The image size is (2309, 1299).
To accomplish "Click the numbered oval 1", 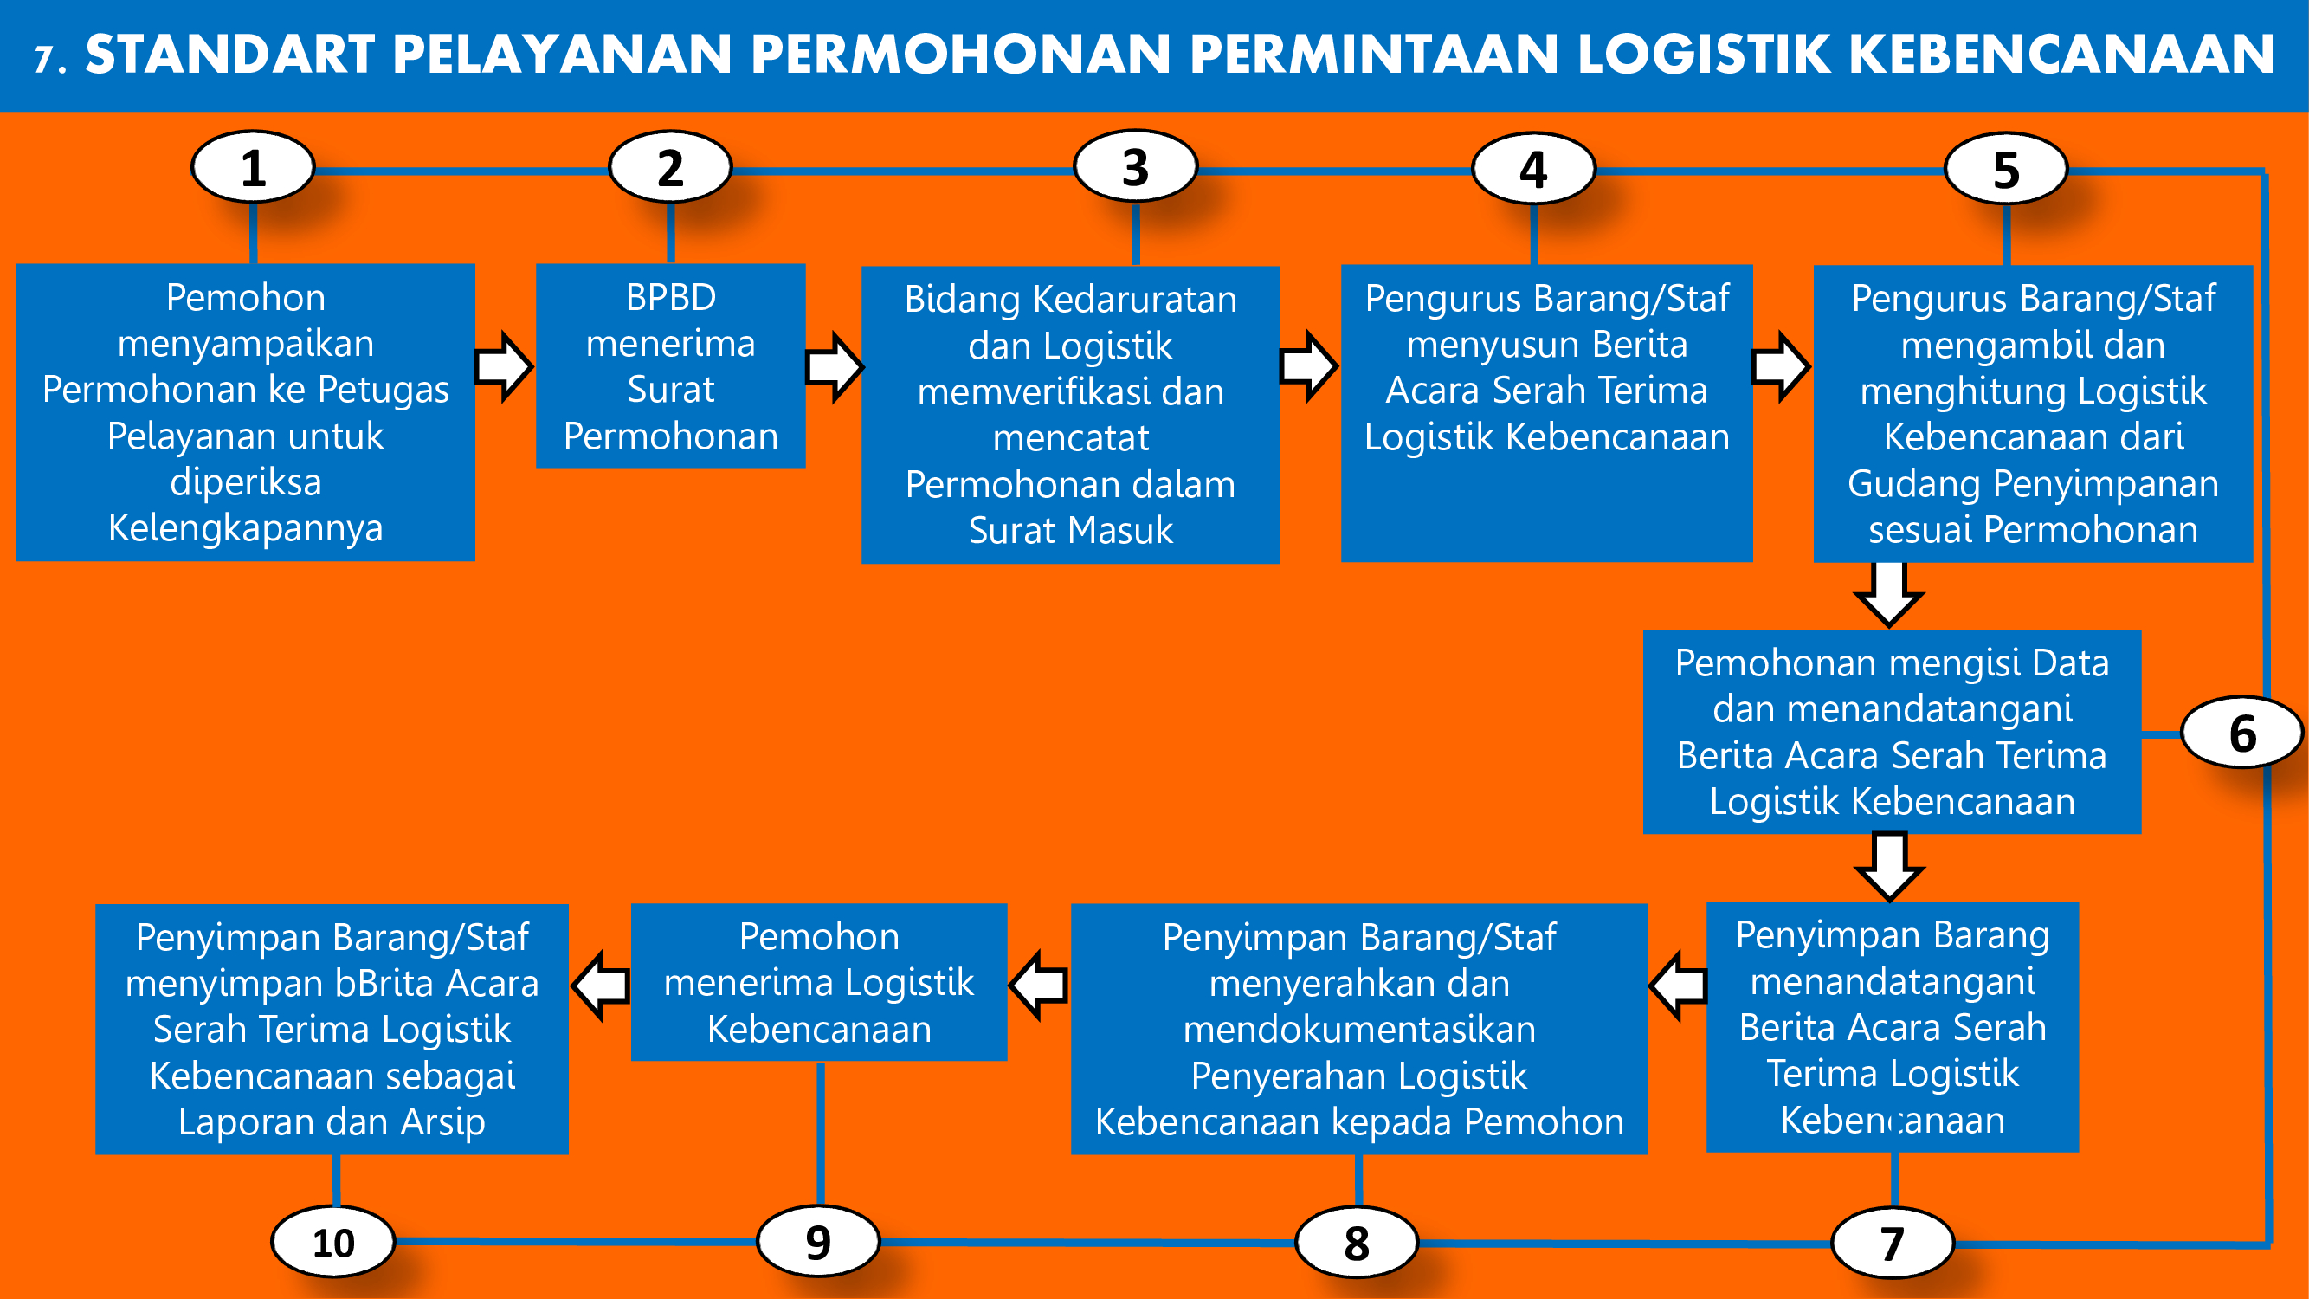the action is tap(254, 168).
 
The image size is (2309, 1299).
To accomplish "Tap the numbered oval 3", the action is tap(1136, 168).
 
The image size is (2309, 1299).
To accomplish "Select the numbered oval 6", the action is tap(2242, 733).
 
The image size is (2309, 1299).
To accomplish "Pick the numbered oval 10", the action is tap(333, 1243).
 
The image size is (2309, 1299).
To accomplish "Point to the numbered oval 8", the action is tap(1357, 1243).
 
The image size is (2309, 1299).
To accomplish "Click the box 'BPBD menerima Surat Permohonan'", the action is tap(670, 365).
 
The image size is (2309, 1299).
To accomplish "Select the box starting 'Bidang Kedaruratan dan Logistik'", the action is tap(1070, 414).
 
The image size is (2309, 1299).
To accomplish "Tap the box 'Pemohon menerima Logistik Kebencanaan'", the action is tap(819, 983).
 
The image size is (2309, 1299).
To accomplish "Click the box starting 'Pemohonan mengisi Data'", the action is tap(1893, 732).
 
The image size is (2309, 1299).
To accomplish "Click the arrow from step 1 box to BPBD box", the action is tap(505, 365).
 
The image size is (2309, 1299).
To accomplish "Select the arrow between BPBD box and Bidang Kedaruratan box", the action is tap(835, 365).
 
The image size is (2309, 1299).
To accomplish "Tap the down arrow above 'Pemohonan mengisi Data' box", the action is tap(1889, 594).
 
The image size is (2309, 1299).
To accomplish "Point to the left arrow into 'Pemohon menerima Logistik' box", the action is tap(1039, 985).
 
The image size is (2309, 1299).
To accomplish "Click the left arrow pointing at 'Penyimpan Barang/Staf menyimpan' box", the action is tap(600, 985).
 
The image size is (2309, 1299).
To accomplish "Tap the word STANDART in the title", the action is tap(230, 54).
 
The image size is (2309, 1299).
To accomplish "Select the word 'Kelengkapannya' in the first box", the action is tap(246, 529).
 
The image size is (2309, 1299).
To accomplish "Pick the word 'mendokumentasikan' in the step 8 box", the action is tap(1360, 1029).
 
